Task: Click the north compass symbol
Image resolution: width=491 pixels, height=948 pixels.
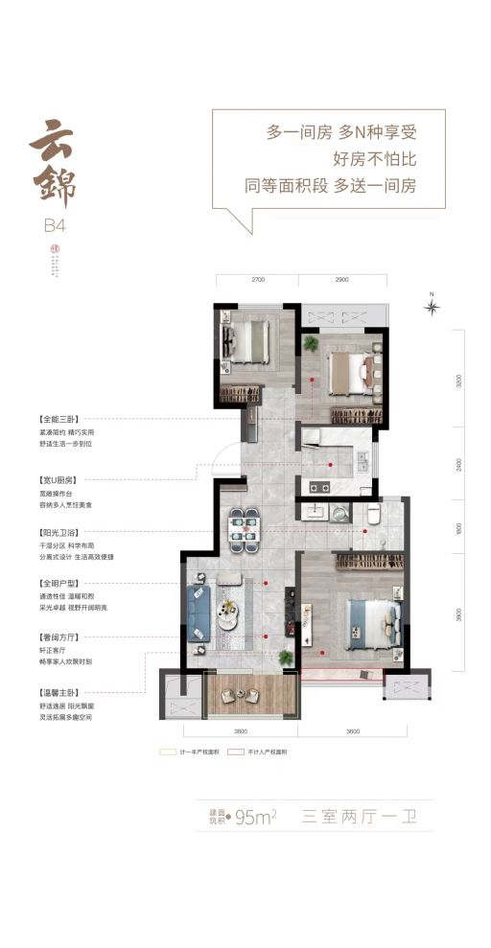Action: click(433, 307)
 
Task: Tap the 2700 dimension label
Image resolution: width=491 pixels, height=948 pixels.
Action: click(257, 279)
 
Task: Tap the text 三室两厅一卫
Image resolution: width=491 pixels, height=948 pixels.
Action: click(364, 817)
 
